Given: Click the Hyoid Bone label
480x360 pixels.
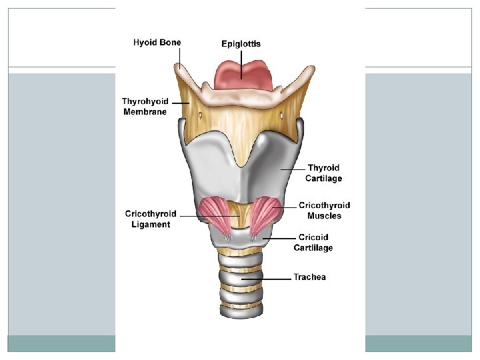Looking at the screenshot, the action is click(157, 42).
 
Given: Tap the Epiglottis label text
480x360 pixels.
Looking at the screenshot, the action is click(241, 43).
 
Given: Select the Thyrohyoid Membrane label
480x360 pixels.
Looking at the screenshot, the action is click(145, 107).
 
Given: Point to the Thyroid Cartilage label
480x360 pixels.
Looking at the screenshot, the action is click(323, 173).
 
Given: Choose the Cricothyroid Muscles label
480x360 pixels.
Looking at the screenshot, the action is click(324, 211).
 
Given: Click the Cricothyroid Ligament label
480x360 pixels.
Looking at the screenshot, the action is click(151, 219).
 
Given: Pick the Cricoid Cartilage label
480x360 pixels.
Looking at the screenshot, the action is click(313, 243).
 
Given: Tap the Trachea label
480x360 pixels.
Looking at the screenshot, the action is click(309, 277).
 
